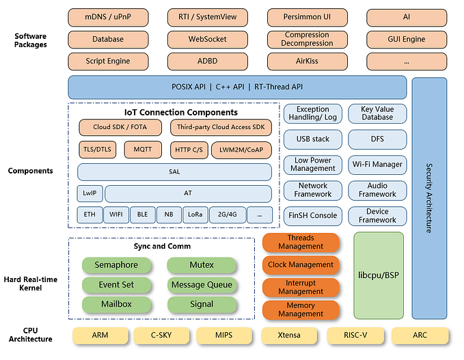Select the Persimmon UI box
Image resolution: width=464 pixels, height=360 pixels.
tap(307, 17)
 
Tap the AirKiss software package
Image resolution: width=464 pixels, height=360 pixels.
tap(307, 61)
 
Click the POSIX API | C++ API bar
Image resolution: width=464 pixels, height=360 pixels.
tap(237, 87)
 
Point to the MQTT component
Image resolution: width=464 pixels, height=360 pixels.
tap(142, 150)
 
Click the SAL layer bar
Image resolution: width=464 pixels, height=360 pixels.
tap(174, 172)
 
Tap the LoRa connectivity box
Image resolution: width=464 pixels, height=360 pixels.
tap(195, 214)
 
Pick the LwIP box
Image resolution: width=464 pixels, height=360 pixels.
tap(89, 193)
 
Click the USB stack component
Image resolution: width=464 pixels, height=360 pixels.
tap(312, 139)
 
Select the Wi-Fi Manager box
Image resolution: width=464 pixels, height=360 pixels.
tap(377, 165)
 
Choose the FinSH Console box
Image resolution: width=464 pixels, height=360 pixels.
tap(312, 216)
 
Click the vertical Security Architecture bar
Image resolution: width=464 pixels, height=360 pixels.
tap(428, 198)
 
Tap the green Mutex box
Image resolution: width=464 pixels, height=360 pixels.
tap(202, 265)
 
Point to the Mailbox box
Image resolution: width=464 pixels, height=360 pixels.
tap(115, 304)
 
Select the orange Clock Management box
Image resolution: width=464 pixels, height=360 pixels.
tap(301, 265)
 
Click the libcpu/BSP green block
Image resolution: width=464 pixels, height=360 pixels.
tap(379, 275)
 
